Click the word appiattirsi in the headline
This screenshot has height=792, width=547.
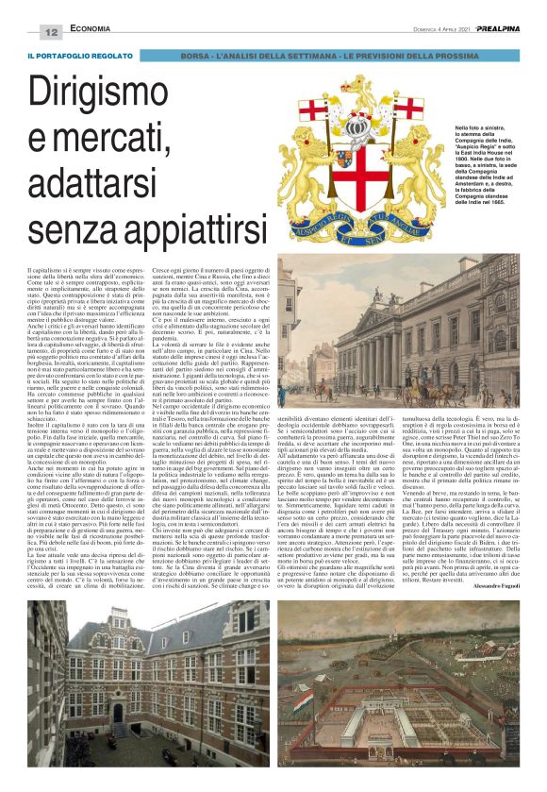pos(170,227)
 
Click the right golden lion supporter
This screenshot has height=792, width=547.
pos(415,170)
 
